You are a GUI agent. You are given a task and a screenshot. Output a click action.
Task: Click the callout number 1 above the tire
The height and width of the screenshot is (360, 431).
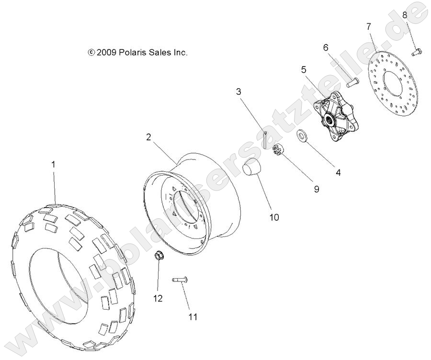coord(54,164)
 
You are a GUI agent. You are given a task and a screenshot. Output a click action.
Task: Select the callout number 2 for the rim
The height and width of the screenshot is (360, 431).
coord(149,137)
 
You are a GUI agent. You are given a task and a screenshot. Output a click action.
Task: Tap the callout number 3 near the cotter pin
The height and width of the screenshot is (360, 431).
coord(238,91)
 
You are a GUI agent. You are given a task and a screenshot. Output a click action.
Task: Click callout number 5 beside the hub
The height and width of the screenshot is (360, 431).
coord(303,69)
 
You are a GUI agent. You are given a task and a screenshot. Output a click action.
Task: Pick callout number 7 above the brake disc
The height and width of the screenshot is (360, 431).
coord(369,26)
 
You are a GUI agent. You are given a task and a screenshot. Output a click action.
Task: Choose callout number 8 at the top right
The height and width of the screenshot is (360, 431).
coord(405,15)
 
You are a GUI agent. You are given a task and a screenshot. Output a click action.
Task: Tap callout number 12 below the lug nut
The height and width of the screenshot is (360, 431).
coord(158,298)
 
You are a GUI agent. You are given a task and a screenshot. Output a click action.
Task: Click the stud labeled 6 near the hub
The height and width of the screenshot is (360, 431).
coord(352,82)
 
